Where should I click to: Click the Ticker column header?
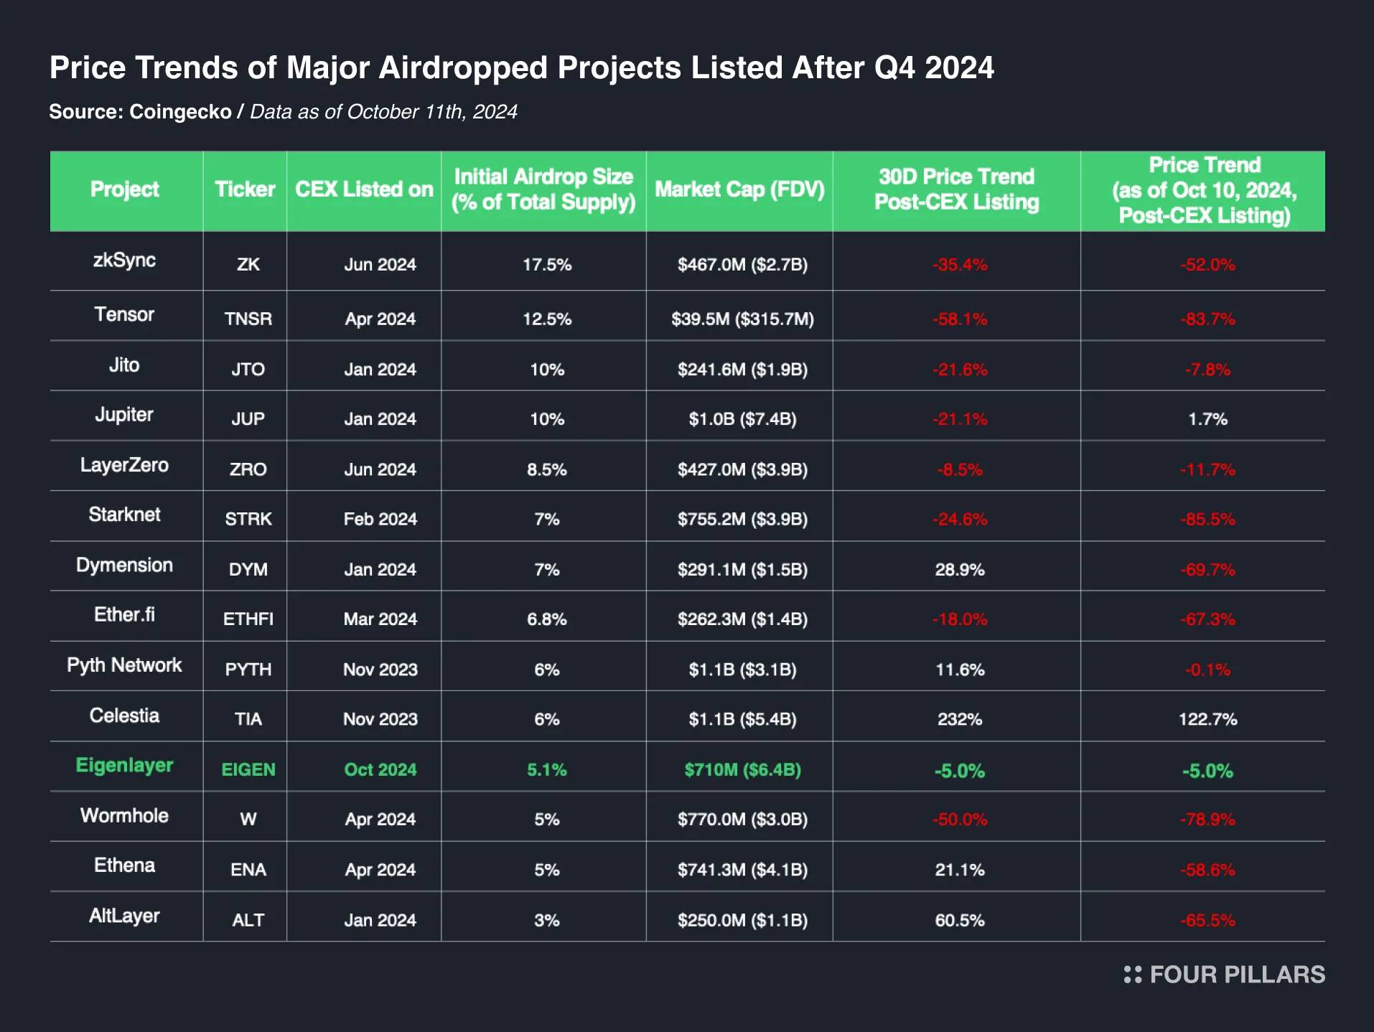(245, 189)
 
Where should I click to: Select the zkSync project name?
(124, 260)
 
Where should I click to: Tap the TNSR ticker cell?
(248, 319)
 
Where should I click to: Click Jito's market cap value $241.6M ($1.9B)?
(742, 369)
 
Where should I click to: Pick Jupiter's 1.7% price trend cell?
(1207, 419)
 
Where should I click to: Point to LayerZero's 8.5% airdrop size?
(546, 469)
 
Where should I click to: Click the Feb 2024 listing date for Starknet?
(380, 519)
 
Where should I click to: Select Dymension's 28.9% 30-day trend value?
(959, 569)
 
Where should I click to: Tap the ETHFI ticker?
(248, 619)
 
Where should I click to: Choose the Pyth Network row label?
(124, 665)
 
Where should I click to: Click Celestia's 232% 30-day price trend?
(959, 719)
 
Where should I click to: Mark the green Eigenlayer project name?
(124, 765)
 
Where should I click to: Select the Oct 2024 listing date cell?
(380, 769)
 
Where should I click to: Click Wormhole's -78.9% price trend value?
(1207, 819)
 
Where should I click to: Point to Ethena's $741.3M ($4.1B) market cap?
(742, 869)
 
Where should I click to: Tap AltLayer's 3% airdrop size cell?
(546, 920)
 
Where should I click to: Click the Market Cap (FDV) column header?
(739, 189)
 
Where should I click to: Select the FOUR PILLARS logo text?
(1236, 975)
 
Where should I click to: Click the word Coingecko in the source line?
(180, 112)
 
